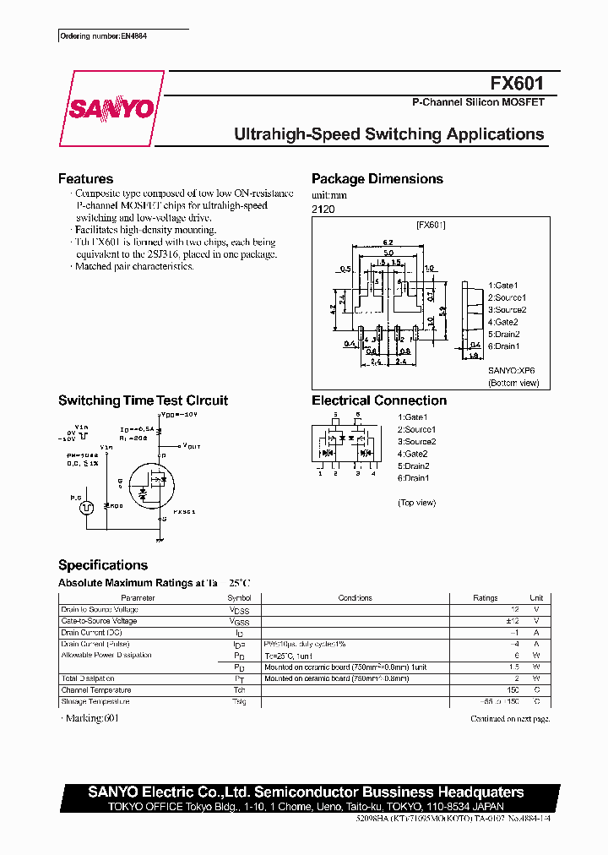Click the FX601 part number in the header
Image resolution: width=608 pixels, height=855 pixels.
pyautogui.click(x=517, y=83)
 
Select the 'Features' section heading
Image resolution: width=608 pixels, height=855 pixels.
pyautogui.click(x=85, y=179)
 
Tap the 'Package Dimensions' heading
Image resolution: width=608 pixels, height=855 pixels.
pyautogui.click(x=377, y=179)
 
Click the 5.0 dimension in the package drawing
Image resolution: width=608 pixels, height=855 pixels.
pyautogui.click(x=388, y=252)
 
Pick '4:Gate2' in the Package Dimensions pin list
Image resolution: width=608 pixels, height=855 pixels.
pyautogui.click(x=503, y=322)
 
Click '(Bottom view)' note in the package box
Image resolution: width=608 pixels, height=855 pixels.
pyautogui.click(x=513, y=383)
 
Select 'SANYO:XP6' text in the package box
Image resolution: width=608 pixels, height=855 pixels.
pyautogui.click(x=511, y=370)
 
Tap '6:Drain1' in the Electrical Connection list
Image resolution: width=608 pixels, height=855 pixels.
pyautogui.click(x=413, y=478)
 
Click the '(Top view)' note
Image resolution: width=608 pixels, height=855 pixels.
pyautogui.click(x=416, y=503)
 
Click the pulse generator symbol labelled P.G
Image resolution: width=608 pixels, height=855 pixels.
pyautogui.click(x=85, y=508)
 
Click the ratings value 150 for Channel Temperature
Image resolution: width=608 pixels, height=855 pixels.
pyautogui.click(x=512, y=690)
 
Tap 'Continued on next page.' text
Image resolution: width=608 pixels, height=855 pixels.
pyautogui.click(x=510, y=719)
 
